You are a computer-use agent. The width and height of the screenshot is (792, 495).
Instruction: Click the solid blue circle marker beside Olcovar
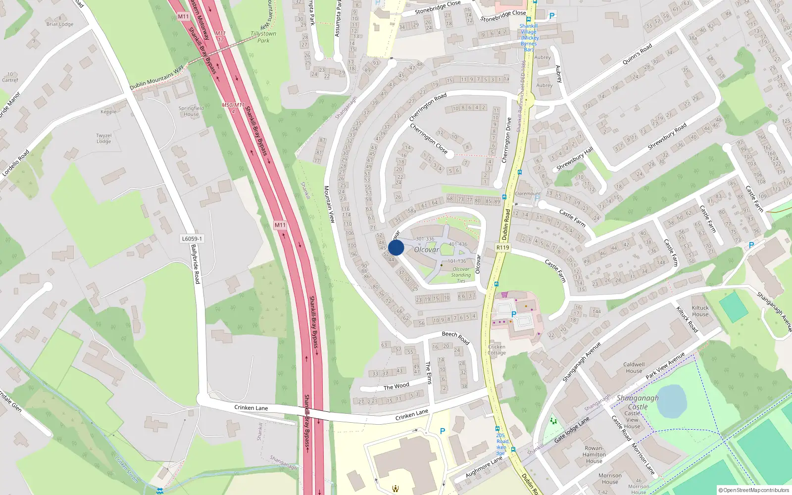coord(396,247)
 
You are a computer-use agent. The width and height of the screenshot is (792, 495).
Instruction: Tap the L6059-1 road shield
coord(192,239)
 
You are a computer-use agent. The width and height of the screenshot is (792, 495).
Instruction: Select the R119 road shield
coord(502,247)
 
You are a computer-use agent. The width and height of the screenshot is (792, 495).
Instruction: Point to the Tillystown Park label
coord(263,37)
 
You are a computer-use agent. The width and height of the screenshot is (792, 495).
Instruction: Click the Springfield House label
coord(191,111)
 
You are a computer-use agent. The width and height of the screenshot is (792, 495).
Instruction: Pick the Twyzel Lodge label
coord(104,138)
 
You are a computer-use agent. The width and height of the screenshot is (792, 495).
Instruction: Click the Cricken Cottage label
coord(496,349)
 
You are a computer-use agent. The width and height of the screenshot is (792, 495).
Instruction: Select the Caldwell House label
coord(634,367)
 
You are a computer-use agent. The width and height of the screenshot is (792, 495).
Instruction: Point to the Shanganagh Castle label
coord(638,402)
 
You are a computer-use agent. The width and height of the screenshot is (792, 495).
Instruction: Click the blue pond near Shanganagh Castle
coord(671,400)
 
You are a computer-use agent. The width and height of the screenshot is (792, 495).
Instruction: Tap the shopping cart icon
coord(504,295)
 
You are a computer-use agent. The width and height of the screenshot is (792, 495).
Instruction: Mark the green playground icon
coord(553,421)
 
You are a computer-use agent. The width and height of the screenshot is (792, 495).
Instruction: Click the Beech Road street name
coord(455,338)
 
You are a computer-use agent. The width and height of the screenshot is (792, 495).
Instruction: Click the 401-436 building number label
coord(458,244)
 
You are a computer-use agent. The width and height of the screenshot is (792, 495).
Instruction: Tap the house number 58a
coord(412,210)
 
